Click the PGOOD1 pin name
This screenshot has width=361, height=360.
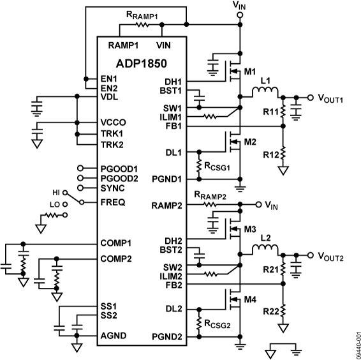coord(118,168)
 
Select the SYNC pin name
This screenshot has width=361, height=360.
coord(112,188)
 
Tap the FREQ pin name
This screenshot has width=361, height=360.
coord(112,202)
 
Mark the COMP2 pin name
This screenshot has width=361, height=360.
coord(115,259)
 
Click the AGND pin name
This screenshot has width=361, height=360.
coord(112,336)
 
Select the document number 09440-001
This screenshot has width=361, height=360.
coord(355,341)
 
